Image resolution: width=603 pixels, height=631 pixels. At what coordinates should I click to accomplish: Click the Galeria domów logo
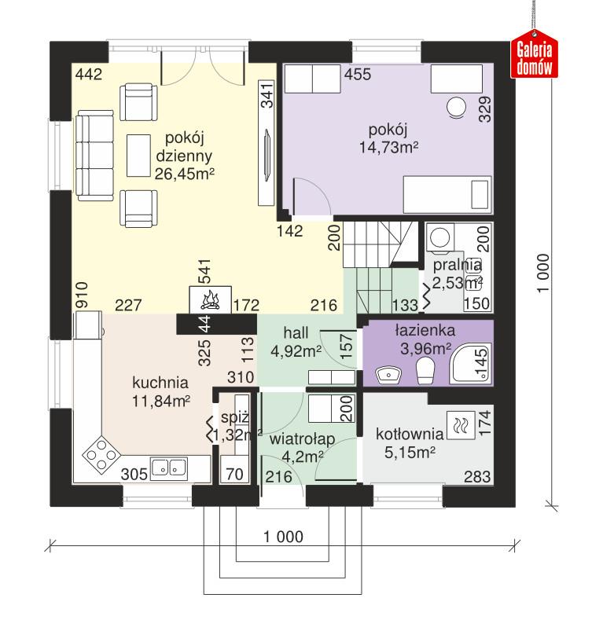(535, 57)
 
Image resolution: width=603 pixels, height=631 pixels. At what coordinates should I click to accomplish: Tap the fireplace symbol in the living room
(210, 299)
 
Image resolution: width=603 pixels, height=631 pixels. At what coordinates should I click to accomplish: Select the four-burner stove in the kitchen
(101, 455)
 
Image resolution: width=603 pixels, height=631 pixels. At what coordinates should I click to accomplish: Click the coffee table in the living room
(141, 156)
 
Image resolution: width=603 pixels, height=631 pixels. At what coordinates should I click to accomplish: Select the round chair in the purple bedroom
(456, 108)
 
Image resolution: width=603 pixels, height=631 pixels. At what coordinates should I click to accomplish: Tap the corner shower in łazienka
(472, 362)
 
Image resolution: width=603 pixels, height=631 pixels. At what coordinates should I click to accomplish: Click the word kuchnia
(160, 383)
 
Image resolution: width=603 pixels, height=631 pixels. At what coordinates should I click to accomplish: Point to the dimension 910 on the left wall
(80, 294)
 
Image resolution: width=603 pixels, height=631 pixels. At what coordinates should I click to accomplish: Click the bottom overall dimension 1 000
(284, 537)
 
